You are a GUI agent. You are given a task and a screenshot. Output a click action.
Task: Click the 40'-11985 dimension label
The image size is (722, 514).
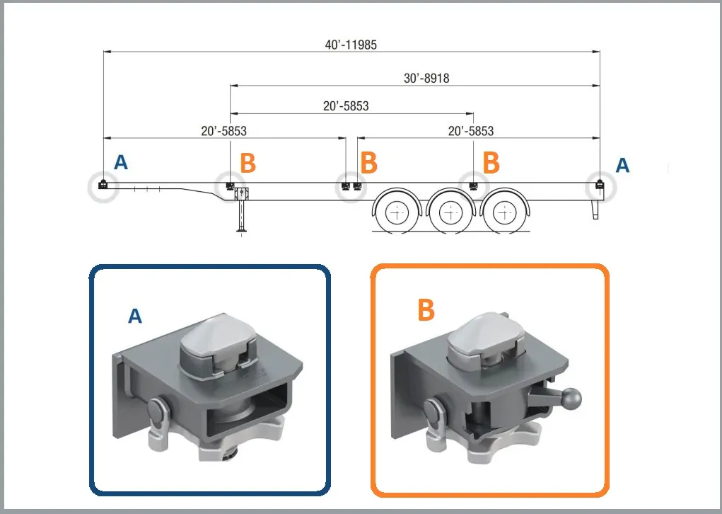click(x=351, y=44)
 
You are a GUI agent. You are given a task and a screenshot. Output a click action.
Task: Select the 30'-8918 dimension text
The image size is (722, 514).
click(x=426, y=79)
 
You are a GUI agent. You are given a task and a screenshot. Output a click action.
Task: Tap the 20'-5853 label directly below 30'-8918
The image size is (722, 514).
click(x=346, y=106)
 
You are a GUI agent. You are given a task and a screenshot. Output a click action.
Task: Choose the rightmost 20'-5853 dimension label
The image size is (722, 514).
click(x=471, y=131)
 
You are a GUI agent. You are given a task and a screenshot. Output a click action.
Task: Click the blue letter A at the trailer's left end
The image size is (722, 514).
click(x=121, y=163)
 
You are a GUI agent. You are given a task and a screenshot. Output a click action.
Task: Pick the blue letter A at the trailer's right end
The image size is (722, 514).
click(x=622, y=165)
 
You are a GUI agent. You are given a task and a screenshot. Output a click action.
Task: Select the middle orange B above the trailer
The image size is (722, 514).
click(x=368, y=162)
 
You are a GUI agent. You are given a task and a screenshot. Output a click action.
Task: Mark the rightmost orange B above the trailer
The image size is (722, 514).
click(x=491, y=162)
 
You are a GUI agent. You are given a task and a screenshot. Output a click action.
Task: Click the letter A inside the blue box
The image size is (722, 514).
click(x=134, y=316)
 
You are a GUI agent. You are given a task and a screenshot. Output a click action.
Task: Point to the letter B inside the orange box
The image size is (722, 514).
click(x=426, y=309)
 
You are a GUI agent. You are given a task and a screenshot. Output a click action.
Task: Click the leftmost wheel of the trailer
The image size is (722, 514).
click(x=398, y=211)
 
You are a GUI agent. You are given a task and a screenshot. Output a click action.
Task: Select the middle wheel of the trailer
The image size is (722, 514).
click(x=450, y=211)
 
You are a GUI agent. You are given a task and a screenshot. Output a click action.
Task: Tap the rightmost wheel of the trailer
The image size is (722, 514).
click(x=503, y=211)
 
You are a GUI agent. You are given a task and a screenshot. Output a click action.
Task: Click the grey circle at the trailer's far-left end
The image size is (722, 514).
click(x=103, y=187)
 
